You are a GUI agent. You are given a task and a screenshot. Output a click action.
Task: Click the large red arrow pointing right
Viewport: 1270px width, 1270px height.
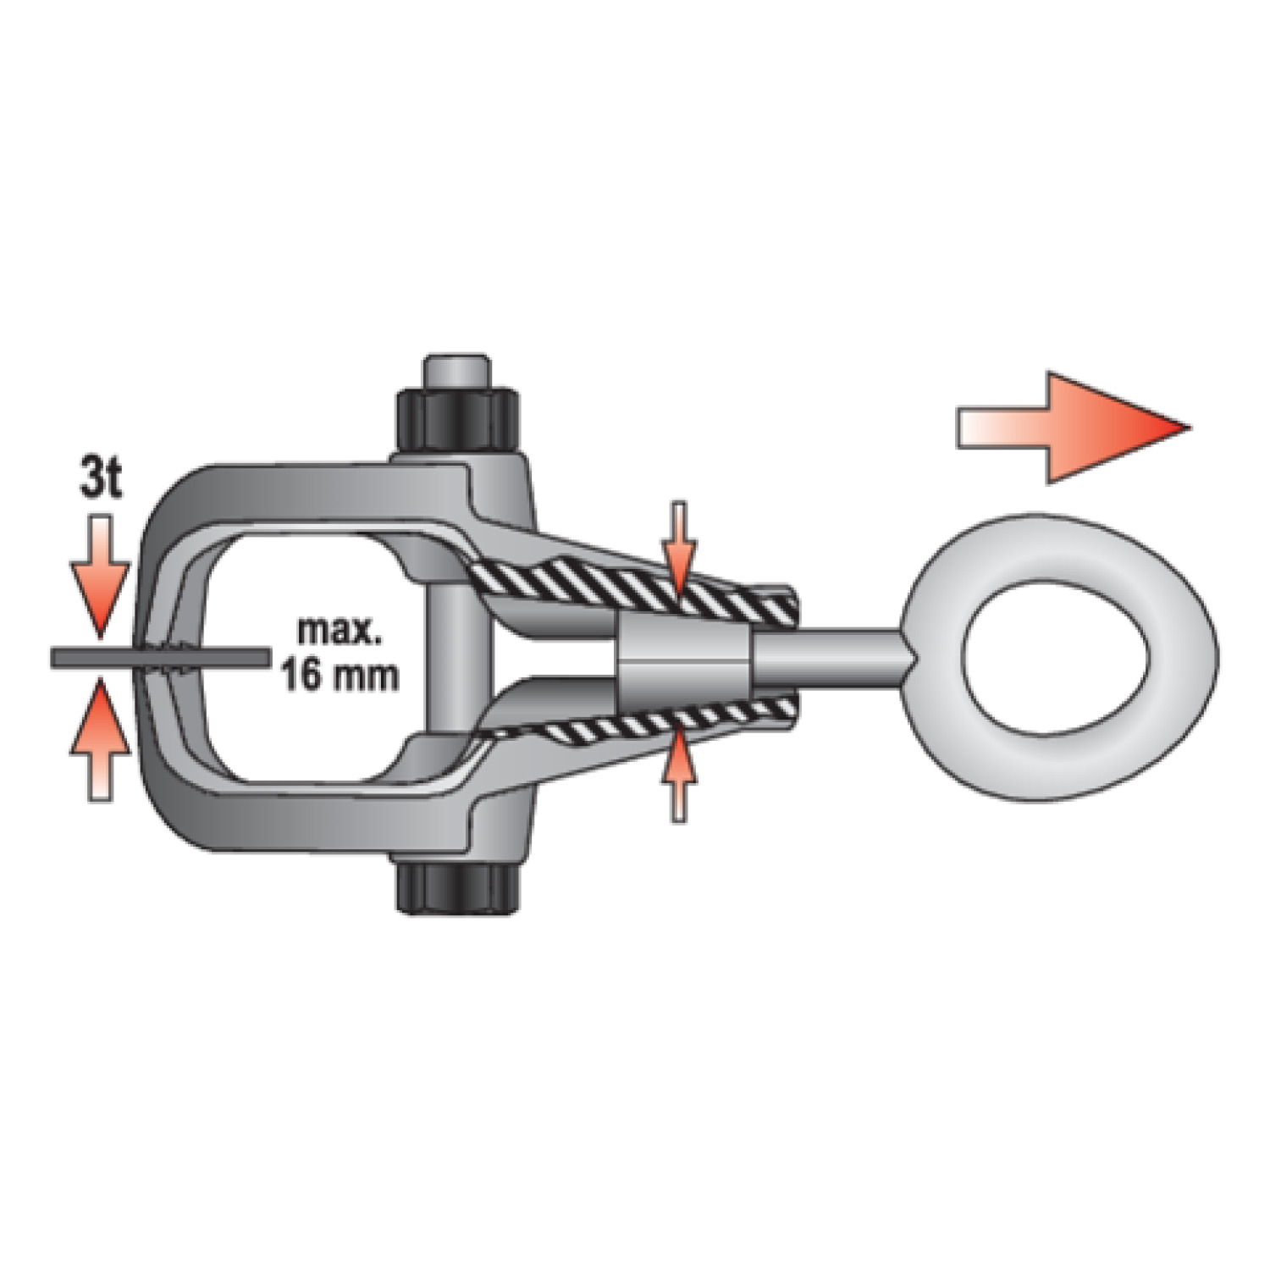coord(1074,428)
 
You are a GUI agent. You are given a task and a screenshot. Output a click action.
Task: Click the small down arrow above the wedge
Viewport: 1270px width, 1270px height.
coord(679,548)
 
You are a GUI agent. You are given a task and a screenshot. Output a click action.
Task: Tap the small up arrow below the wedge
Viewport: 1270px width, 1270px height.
coord(679,776)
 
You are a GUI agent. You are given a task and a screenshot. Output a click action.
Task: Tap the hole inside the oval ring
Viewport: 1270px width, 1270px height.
coord(1058,658)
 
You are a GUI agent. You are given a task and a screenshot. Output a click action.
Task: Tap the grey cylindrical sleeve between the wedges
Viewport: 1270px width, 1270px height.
coord(683,658)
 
